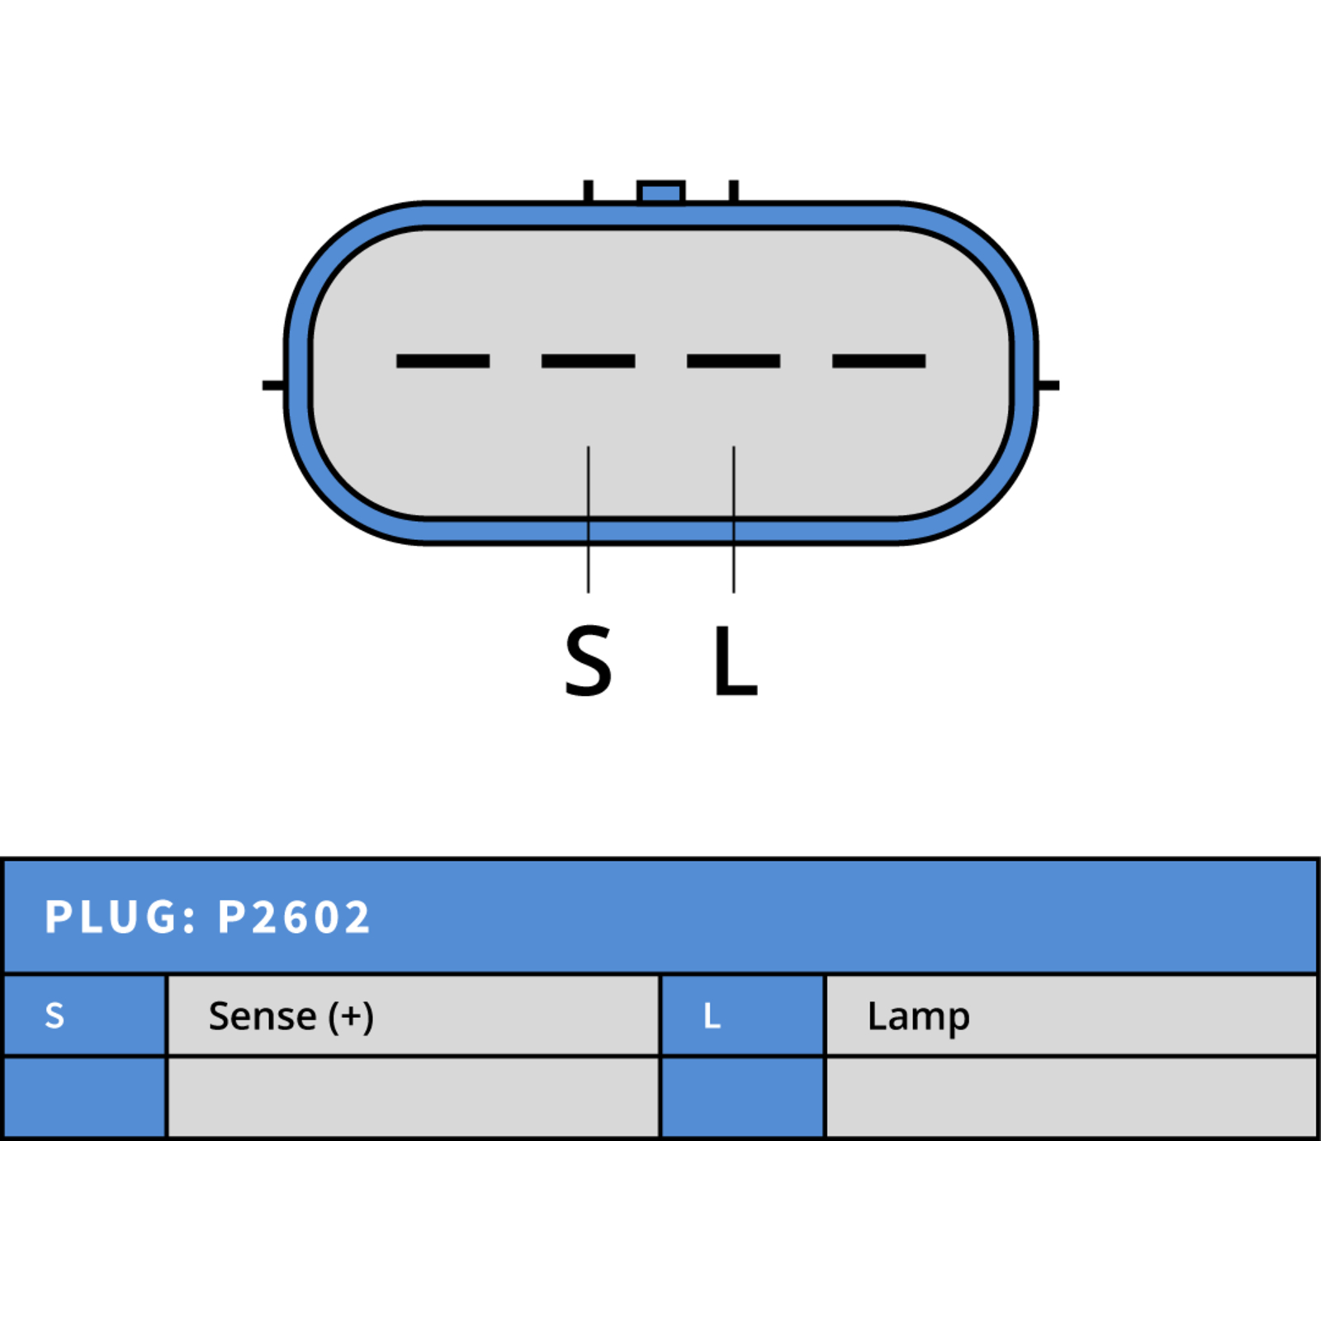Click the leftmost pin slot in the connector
tap(443, 361)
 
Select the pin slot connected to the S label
tap(588, 361)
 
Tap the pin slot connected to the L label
tap(733, 361)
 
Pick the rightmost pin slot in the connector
tap(878, 361)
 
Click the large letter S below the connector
tap(588, 660)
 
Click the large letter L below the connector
tap(735, 660)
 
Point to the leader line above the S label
tap(589, 519)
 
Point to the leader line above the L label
tap(734, 519)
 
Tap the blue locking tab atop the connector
tap(661, 192)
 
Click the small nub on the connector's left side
tap(274, 386)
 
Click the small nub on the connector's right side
tap(1048, 386)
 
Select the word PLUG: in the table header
tap(121, 917)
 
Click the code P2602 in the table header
tap(294, 917)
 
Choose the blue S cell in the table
tap(85, 1016)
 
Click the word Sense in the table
tap(263, 1016)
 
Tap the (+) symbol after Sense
tap(351, 1017)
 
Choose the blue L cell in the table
tap(743, 1016)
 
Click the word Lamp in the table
tap(918, 1018)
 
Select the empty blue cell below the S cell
tap(85, 1097)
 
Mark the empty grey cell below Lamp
tap(1072, 1097)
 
